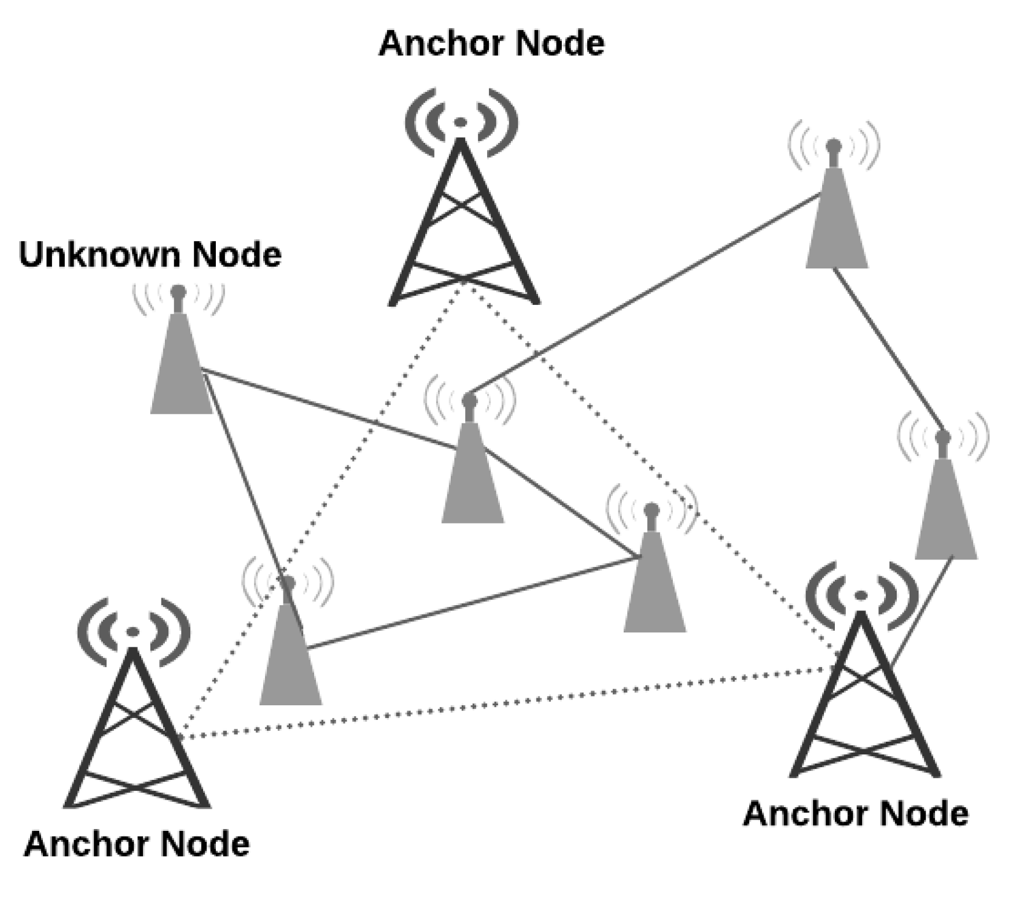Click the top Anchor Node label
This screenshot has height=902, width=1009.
[491, 43]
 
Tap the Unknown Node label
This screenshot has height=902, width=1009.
[150, 254]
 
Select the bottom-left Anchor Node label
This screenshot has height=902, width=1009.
[137, 844]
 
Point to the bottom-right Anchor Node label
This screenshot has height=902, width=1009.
[856, 813]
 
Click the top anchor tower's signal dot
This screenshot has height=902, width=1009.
[460, 122]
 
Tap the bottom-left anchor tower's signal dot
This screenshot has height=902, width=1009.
[133, 631]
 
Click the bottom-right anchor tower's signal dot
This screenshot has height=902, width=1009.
[861, 595]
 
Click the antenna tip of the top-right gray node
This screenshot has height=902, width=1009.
[834, 145]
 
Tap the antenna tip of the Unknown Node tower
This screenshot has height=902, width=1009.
[178, 290]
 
